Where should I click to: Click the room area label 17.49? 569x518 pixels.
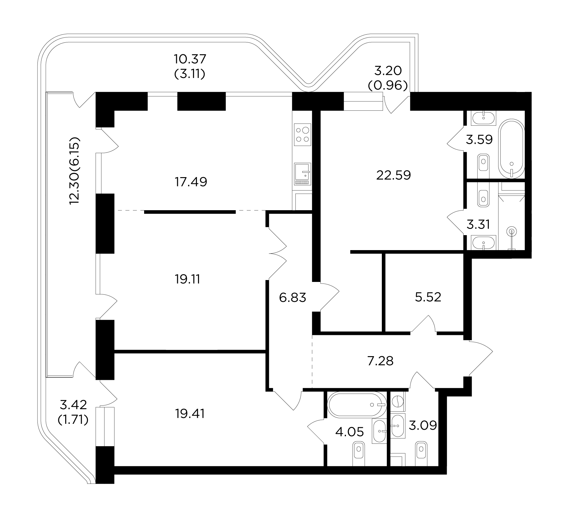(191, 182)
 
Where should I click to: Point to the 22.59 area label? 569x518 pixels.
(393, 175)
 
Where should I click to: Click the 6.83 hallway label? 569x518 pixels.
(293, 298)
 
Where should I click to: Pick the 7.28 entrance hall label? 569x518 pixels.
(381, 361)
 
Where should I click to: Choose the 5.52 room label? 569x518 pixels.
(428, 297)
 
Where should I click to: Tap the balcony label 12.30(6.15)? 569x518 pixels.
(75, 170)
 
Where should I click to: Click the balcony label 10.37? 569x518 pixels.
(190, 58)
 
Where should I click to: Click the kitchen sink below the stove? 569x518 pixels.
(303, 174)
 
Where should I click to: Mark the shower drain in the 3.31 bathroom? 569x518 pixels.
(511, 231)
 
